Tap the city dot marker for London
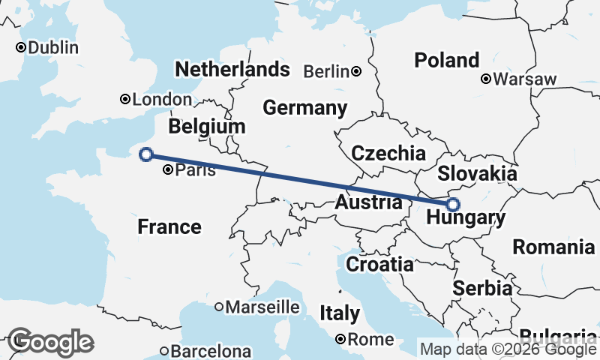pos(125,99)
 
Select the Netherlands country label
pos(232,70)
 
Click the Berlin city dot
pos(356,72)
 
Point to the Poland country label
pos(447,60)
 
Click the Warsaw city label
pos(526,79)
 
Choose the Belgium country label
pos(207,126)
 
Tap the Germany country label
pos(304,107)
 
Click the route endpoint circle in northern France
pos(147,154)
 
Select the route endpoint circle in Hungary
pos(453,204)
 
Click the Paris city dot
pos(167,170)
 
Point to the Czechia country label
pos(388,154)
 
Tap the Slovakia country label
pos(477,173)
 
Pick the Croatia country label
pos(379,264)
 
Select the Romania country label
pos(553,247)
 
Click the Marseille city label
pos(262,307)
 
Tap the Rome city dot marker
pos(341,340)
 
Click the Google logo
pos(50,342)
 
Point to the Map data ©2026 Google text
pos(508,349)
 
